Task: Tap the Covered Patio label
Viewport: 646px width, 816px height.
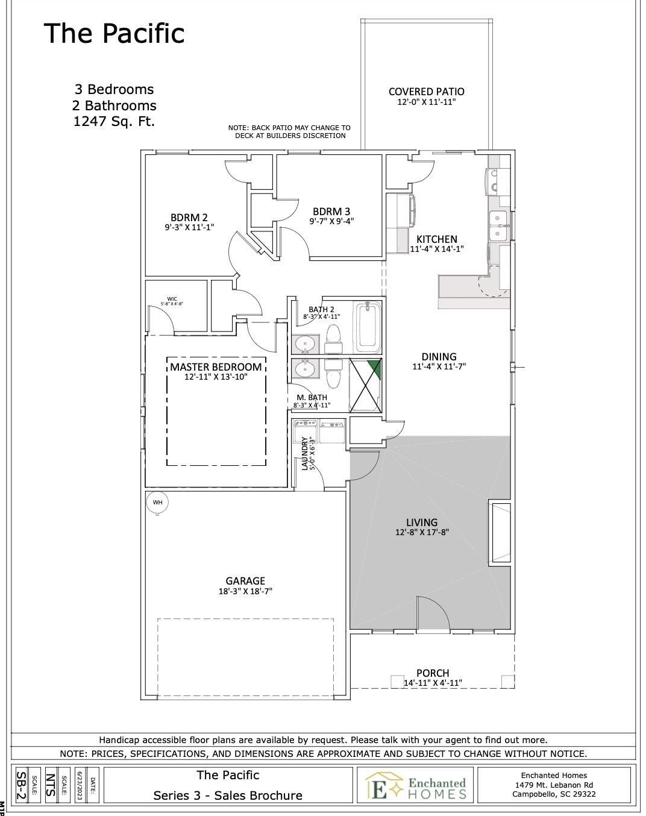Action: point(426,92)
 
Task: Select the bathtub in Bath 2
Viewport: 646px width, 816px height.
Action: point(368,328)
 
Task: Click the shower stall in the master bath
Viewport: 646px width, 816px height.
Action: point(366,385)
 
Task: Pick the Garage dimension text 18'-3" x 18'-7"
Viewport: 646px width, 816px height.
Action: point(245,592)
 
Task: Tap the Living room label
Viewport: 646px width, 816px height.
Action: point(422,522)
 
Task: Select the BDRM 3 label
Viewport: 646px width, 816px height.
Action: point(331,211)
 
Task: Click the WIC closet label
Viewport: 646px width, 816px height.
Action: point(172,298)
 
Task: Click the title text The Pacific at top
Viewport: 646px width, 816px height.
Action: point(114,33)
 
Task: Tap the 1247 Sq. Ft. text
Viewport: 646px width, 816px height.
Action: point(114,121)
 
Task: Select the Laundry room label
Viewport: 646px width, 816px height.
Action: point(305,453)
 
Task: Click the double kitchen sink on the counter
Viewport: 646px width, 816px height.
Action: point(498,225)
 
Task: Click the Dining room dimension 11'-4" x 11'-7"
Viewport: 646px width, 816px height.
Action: point(439,366)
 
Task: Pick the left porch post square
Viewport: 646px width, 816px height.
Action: point(397,681)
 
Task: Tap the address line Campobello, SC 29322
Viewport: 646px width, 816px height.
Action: point(554,794)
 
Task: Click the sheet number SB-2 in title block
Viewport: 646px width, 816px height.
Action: point(21,785)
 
